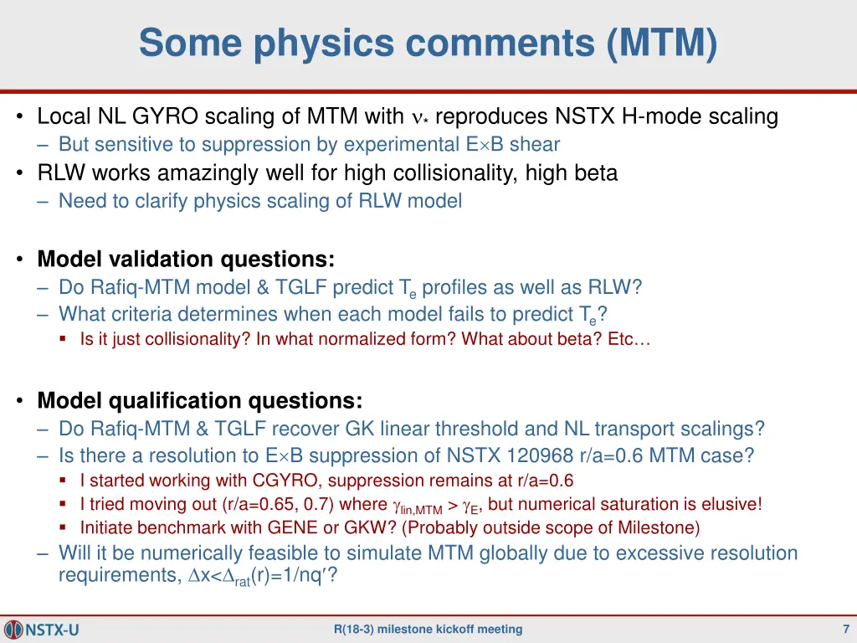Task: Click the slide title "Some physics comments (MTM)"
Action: coord(428,44)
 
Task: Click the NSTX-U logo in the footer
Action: coord(43,629)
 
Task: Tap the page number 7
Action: coord(846,629)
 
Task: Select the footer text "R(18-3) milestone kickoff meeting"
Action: coord(428,629)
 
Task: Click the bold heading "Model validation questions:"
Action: coord(186,258)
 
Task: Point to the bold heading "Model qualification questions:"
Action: coord(200,400)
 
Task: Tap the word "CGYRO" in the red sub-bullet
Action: coord(262,481)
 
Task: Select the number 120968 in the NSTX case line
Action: coord(535,455)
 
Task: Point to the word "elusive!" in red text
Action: coord(734,504)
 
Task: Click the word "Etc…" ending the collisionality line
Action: coord(632,339)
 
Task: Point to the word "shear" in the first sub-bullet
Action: coord(535,144)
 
